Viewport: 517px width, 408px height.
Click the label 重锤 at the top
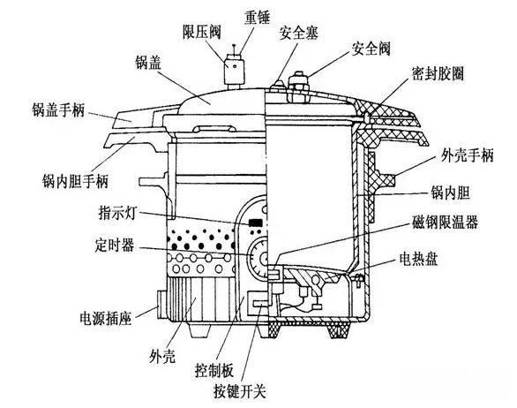point(257,17)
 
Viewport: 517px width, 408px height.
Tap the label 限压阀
point(201,33)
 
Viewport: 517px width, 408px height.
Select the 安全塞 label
point(299,33)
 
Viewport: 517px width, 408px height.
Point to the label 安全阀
point(371,49)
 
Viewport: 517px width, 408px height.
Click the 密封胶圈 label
point(438,73)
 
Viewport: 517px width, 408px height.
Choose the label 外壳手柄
point(468,155)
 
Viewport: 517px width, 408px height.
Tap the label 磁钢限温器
point(445,223)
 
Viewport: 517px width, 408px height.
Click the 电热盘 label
point(418,259)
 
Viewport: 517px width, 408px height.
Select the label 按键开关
point(240,391)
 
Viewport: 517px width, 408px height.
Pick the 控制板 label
point(214,370)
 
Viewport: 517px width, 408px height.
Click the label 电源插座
point(106,318)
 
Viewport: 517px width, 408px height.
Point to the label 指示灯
point(117,213)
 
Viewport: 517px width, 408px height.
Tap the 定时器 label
point(115,246)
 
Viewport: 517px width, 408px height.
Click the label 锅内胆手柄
point(75,181)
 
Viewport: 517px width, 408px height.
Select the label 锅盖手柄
point(58,110)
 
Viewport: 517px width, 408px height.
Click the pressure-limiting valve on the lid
point(235,72)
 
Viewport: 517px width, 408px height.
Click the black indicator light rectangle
point(256,223)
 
